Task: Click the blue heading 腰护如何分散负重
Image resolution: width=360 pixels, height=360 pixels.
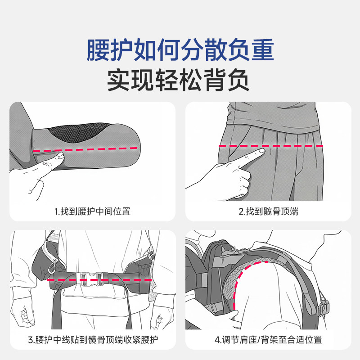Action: (180, 50)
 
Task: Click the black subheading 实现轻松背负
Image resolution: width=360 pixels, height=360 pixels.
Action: (178, 80)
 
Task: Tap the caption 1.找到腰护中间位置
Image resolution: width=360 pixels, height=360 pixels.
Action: (92, 211)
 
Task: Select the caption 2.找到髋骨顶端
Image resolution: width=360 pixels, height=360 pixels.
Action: (268, 211)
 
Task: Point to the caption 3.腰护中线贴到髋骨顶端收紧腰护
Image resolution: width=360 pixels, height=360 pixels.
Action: (93, 340)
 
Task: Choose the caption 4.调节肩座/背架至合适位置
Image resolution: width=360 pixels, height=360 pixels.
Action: (268, 340)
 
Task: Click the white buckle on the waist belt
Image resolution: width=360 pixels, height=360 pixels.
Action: (91, 279)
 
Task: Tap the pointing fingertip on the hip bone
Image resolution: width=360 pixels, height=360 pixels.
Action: (262, 151)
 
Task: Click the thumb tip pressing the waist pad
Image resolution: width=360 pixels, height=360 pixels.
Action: (60, 154)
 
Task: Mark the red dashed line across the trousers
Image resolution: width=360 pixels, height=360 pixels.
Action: (271, 146)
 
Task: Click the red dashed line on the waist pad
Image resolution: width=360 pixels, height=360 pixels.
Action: (85, 149)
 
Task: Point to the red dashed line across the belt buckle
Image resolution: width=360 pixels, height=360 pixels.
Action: (99, 280)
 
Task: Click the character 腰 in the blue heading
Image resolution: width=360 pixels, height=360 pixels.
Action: (98, 50)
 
